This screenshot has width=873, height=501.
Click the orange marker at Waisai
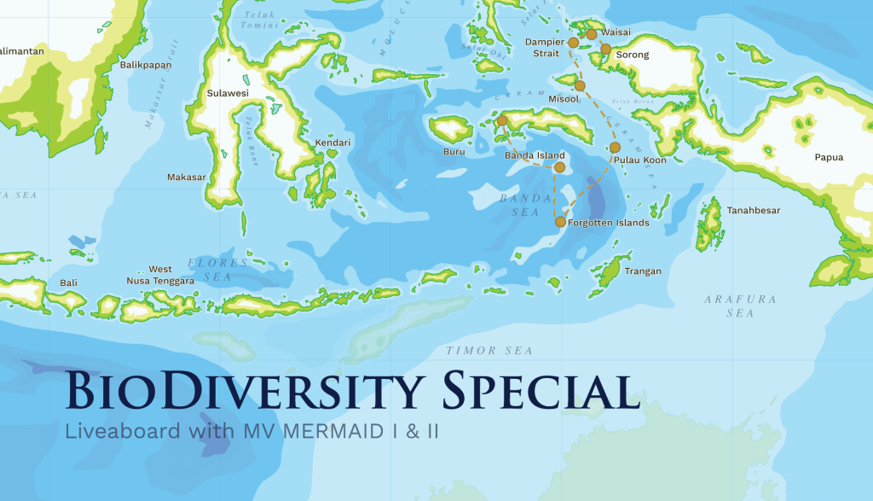pos(592,34)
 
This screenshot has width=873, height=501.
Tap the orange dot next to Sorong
pos(605,49)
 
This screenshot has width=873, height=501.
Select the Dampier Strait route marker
pos(573,42)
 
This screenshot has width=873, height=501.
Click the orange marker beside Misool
pos(580,85)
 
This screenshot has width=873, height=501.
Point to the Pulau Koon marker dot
pos(615,148)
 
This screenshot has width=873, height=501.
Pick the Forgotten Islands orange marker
pos(560,222)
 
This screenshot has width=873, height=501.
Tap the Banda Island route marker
pos(559,167)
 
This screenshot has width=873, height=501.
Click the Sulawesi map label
pos(228,93)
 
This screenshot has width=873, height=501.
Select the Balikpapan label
pos(146,65)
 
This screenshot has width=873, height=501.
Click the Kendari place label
pos(332,143)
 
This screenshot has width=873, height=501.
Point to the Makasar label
pos(187,177)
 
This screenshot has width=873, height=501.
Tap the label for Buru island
pos(454,152)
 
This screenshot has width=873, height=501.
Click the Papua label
pos(829,157)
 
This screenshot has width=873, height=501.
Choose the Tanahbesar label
pos(753,210)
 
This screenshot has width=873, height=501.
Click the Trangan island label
pos(643,271)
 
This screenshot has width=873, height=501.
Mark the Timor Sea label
pos(489,351)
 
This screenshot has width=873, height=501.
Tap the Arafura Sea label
pos(728,306)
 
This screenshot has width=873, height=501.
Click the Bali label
pos(68,282)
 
